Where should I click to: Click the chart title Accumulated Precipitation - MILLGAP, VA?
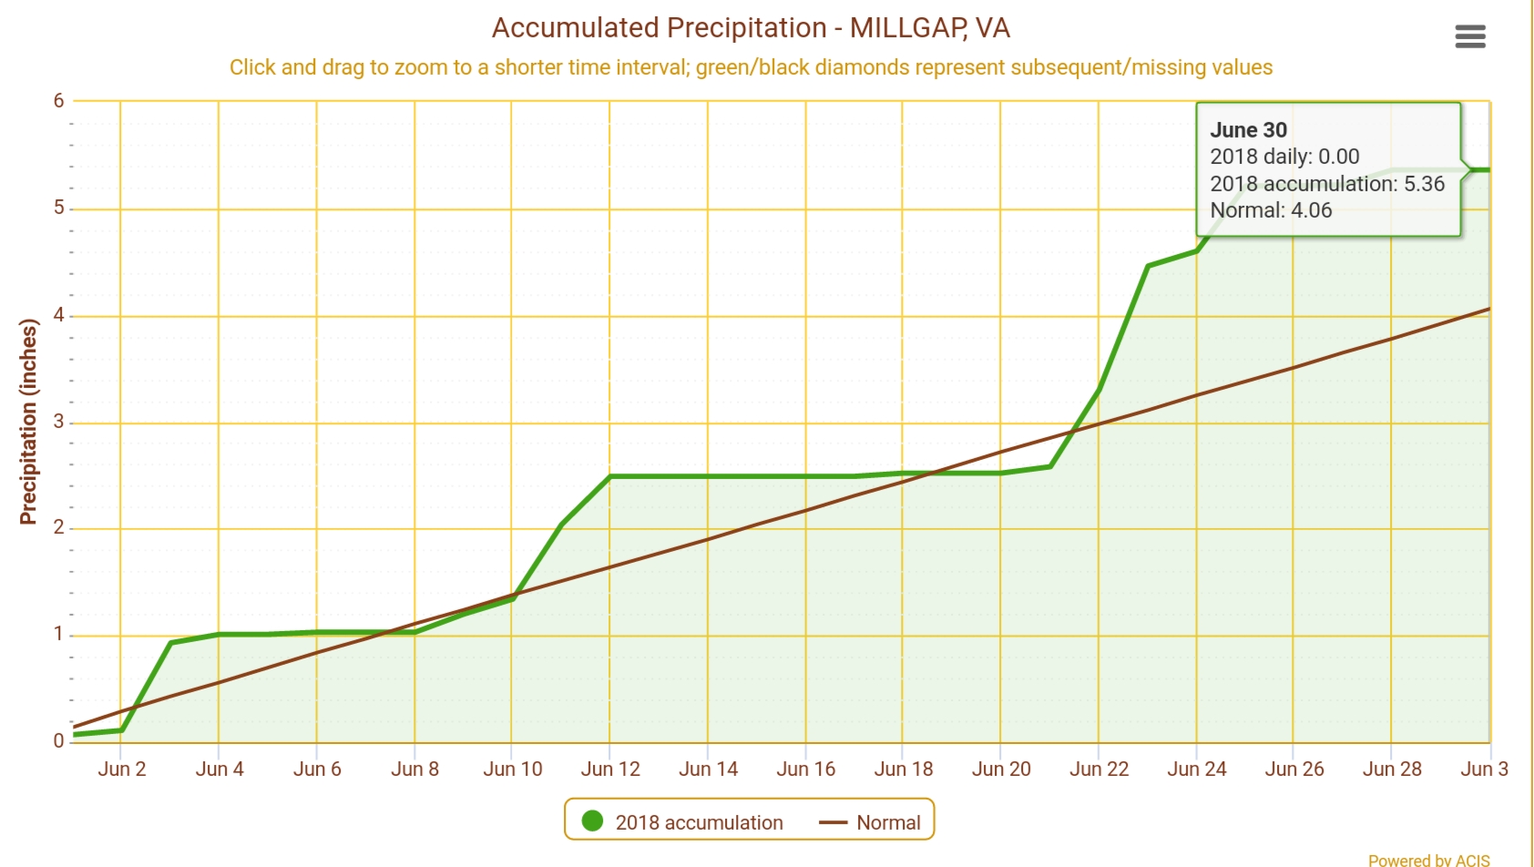pos(751,28)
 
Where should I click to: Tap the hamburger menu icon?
pos(1470,36)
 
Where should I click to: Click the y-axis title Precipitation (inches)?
pos(28,422)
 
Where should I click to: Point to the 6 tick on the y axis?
pos(59,101)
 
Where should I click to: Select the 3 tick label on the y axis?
pos(59,422)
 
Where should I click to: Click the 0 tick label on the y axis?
pos(59,741)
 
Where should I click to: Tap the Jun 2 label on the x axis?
pos(121,770)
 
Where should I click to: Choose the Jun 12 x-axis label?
pos(610,770)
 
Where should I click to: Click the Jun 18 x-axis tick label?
pos(903,770)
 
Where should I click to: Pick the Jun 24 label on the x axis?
pos(1196,770)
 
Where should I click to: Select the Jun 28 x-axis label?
pos(1391,770)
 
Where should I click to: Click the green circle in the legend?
pos(592,821)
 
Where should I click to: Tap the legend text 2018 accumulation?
pos(699,823)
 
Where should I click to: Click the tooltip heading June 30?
pos(1248,130)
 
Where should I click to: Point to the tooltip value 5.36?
pos(1424,184)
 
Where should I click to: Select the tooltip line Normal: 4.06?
pos(1271,210)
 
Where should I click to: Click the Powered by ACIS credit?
pos(1428,860)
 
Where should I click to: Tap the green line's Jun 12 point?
pos(610,476)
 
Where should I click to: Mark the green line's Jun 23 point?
pos(1148,266)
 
